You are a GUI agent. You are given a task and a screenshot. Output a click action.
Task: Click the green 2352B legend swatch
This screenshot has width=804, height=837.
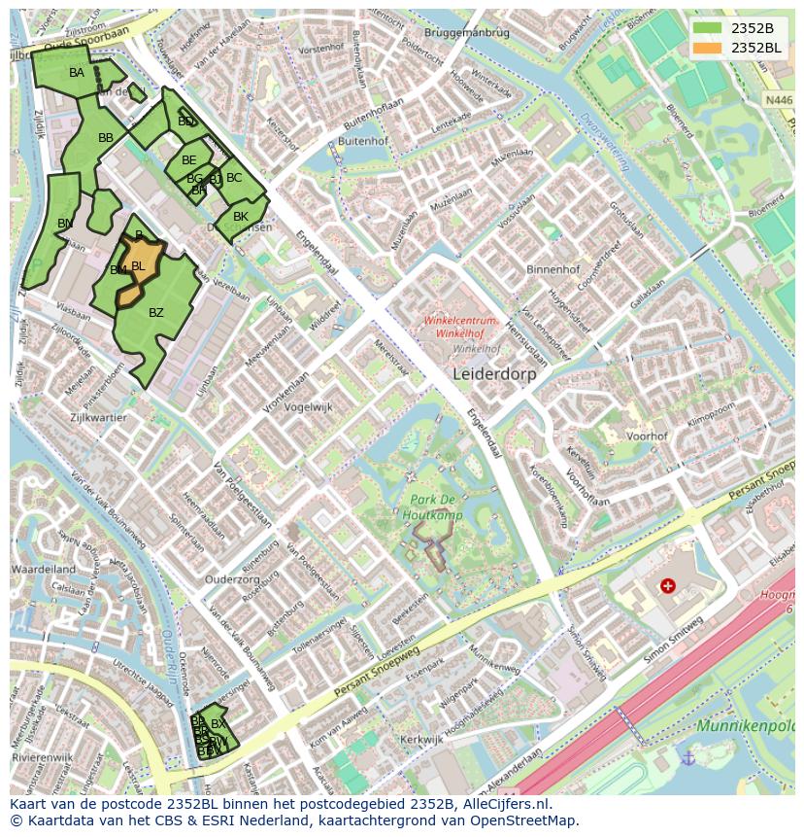tap(708, 28)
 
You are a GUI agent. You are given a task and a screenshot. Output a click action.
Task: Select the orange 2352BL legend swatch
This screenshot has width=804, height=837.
tap(708, 47)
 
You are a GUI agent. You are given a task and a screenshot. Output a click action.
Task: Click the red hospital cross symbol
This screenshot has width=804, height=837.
tap(667, 585)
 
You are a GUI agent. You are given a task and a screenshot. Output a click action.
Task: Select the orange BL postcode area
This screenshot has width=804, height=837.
tap(139, 266)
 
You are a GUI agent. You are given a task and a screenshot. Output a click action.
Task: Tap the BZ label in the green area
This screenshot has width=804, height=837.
tap(156, 313)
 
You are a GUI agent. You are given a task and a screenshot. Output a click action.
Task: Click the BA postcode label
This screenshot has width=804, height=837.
tap(77, 73)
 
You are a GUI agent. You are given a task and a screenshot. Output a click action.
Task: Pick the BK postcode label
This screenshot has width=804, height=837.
tap(241, 216)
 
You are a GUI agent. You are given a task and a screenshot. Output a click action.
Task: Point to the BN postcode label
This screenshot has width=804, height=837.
tap(65, 224)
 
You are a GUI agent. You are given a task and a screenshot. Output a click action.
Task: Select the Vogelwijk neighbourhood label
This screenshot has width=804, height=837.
tap(308, 407)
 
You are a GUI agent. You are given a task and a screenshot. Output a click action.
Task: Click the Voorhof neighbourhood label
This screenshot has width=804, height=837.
tap(647, 436)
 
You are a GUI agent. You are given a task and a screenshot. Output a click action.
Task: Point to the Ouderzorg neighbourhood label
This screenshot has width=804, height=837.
tap(232, 579)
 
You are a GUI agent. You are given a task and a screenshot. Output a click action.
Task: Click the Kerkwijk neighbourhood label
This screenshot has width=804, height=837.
tap(420, 740)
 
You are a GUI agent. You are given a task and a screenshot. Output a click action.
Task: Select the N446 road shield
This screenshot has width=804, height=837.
tap(778, 100)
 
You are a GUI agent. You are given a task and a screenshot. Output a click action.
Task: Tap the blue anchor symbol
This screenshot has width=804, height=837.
tap(687, 757)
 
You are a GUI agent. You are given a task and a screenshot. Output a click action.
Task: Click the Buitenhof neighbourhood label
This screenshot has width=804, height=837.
tap(364, 141)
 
